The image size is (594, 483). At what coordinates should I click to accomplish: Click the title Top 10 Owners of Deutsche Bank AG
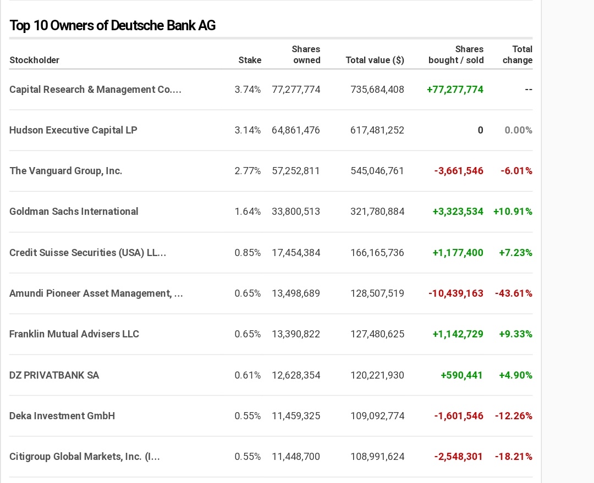coord(113,25)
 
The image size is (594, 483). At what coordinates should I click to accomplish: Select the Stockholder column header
coord(35,60)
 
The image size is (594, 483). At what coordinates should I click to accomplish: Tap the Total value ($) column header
coord(375,60)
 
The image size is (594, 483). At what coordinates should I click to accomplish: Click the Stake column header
coord(250,60)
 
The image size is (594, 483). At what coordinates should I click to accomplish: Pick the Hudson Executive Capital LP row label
coord(73,130)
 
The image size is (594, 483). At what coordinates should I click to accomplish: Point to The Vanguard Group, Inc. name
coord(66,171)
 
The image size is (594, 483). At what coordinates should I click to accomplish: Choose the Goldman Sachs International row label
coord(74,212)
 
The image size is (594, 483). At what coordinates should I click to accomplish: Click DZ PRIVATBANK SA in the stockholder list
coord(54,375)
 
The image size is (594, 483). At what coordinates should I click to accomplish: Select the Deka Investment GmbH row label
coord(62,416)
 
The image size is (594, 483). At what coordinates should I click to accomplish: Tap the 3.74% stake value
coord(248,90)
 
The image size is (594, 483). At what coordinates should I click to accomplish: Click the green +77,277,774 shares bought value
coord(455,90)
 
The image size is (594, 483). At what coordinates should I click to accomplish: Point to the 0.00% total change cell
coord(518,130)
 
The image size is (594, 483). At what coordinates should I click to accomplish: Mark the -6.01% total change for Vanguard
coord(516,171)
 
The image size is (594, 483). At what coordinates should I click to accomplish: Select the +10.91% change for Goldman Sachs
coord(513,212)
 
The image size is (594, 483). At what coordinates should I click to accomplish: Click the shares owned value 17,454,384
coord(296,253)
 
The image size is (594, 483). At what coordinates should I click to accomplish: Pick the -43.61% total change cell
coord(514,293)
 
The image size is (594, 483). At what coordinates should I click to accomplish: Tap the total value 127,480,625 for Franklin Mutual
coord(377,334)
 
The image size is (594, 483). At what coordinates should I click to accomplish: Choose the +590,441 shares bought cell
coord(461,375)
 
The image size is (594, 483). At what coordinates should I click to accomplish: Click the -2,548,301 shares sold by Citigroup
coord(458,457)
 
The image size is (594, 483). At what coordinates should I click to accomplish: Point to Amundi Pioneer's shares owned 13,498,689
coord(296,293)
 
